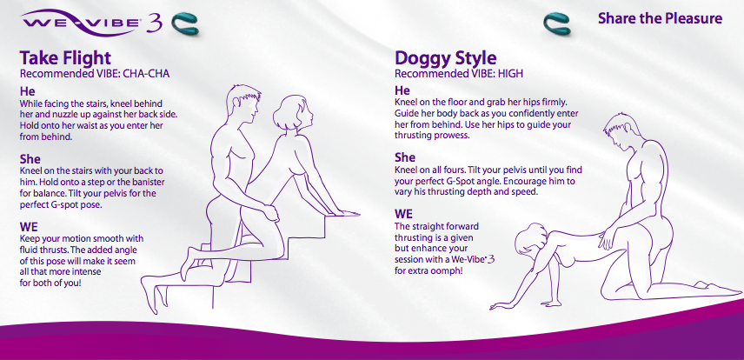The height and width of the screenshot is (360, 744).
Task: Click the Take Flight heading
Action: click(65, 58)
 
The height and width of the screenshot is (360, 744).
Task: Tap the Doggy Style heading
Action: click(446, 58)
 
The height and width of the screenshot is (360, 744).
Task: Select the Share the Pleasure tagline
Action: click(660, 18)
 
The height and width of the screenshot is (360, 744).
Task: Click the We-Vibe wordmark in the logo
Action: click(81, 23)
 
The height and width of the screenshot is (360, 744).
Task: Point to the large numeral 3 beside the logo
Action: click(154, 23)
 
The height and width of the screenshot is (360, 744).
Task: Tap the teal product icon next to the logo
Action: click(184, 23)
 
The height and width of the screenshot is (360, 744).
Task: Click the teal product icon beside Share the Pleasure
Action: click(557, 23)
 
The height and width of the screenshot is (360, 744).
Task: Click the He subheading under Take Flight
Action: click(28, 90)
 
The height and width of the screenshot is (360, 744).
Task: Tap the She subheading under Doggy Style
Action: click(405, 157)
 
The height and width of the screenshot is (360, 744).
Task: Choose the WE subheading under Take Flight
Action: click(29, 226)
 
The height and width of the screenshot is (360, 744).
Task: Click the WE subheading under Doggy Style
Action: click(404, 214)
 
